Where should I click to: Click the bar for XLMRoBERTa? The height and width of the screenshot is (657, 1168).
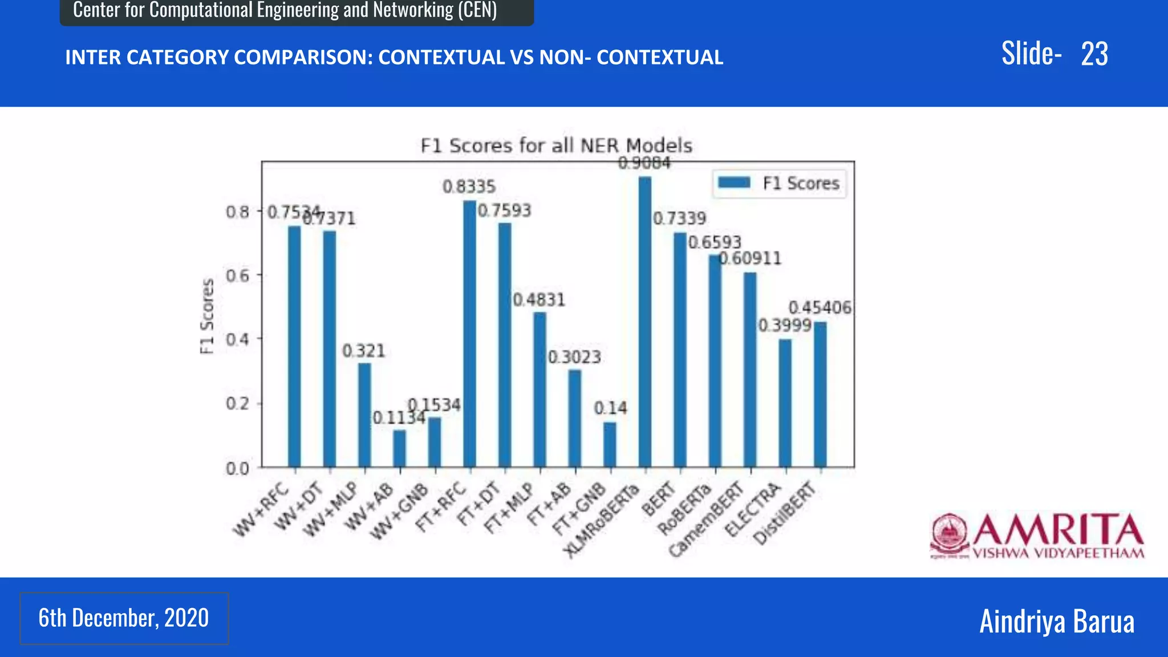[x=644, y=322]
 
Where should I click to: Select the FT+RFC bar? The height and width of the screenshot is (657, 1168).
[x=469, y=334]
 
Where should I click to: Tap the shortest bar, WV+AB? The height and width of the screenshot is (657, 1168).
[x=399, y=449]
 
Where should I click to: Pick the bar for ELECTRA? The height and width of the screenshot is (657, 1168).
[x=785, y=403]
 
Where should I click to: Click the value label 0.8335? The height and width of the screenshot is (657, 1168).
[x=469, y=186]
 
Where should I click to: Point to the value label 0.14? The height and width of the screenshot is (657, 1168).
[x=610, y=408]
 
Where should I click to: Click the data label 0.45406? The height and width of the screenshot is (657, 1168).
[x=820, y=308]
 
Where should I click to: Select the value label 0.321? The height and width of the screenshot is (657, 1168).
[x=364, y=351]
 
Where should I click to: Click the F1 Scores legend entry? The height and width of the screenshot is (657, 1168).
[x=779, y=183]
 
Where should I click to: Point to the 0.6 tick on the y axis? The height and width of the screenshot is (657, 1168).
[x=237, y=275]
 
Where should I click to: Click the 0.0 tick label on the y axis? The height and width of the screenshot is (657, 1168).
[x=237, y=469]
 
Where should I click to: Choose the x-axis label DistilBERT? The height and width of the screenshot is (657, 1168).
[x=785, y=513]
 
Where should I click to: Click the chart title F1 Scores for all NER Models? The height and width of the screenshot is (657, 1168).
[x=556, y=145]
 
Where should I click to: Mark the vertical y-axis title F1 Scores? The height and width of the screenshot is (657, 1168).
[x=208, y=316]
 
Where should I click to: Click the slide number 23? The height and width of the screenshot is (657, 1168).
[x=1094, y=54]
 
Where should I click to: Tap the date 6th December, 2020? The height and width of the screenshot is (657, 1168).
[x=124, y=618]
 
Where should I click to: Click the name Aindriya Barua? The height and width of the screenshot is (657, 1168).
[x=1056, y=621]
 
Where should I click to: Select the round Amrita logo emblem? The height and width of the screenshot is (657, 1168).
[x=949, y=534]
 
